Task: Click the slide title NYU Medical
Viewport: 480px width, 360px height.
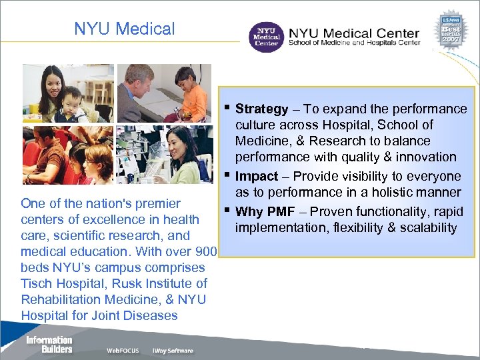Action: (124, 29)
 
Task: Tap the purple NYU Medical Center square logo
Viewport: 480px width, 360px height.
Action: (265, 37)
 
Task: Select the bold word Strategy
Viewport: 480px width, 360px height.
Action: (261, 109)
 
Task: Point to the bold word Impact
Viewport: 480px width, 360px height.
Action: (256, 177)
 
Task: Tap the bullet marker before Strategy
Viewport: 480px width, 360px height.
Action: (228, 108)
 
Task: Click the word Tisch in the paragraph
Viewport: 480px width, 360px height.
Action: (37, 283)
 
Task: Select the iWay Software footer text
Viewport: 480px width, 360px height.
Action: (173, 351)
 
